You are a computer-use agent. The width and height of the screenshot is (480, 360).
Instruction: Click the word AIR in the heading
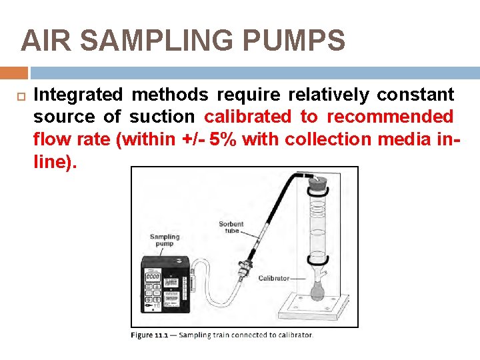pos(43,41)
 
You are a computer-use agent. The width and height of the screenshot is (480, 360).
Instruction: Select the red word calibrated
pos(248,117)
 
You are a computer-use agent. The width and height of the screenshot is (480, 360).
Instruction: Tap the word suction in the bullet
pos(162,117)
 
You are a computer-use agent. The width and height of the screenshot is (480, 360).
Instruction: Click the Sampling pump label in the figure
pos(165,241)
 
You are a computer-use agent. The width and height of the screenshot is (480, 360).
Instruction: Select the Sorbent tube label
pos(231,227)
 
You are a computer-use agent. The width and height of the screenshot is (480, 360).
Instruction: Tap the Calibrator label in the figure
pos(274,278)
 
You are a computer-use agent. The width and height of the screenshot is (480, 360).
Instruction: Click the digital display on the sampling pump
pos(153,276)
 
